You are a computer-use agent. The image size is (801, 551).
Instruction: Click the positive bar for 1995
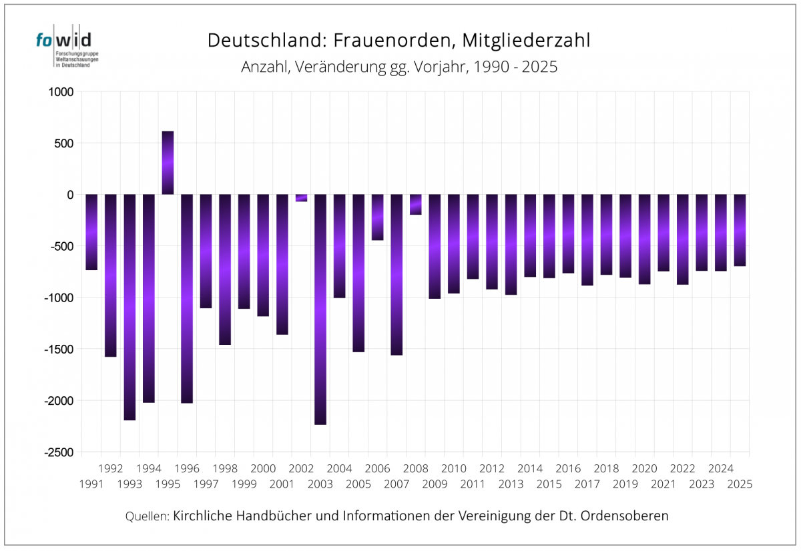168,163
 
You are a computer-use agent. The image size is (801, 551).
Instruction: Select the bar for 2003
320,309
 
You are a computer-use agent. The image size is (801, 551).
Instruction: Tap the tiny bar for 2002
301,197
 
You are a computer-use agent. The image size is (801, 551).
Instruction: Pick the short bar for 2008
415,204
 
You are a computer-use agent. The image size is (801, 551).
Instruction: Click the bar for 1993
129,307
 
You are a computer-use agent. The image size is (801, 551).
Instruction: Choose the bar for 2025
740,230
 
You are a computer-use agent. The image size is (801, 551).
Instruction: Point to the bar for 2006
377,217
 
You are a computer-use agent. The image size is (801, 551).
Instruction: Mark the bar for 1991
91,232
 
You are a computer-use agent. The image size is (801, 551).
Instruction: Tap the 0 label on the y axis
68,195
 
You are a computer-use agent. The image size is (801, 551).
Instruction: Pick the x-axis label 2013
511,484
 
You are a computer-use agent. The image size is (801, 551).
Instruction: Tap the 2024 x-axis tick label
720,468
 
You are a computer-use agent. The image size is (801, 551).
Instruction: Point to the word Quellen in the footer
147,516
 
